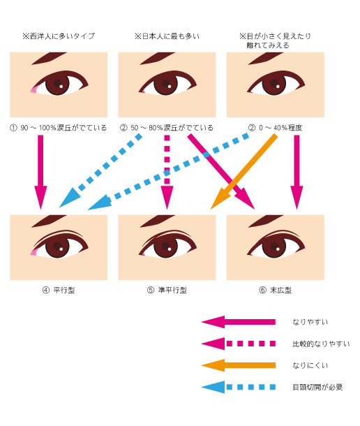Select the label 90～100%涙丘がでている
tap(63, 128)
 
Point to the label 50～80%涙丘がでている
tap(172, 128)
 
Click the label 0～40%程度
tap(280, 128)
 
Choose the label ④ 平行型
tap(59, 290)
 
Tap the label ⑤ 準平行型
tap(167, 290)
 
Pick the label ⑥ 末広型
tap(276, 290)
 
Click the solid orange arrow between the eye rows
tap(243, 172)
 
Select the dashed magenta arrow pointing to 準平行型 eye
tap(167, 172)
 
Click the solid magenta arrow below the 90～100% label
tap(40, 172)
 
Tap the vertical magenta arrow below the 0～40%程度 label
tap(297, 172)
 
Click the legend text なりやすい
tap(310, 322)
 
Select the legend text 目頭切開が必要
tap(317, 387)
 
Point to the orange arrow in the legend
tap(239, 365)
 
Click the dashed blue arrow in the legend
tap(239, 387)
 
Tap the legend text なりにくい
tap(310, 365)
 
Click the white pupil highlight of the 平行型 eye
tap(61, 249)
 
